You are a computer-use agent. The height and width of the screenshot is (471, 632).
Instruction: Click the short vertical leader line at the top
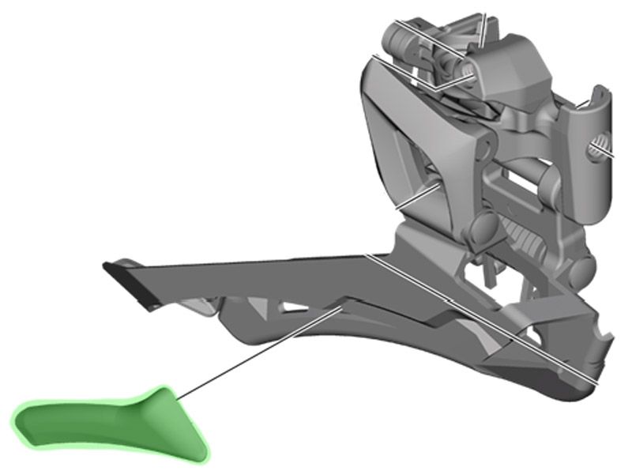(483, 28)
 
